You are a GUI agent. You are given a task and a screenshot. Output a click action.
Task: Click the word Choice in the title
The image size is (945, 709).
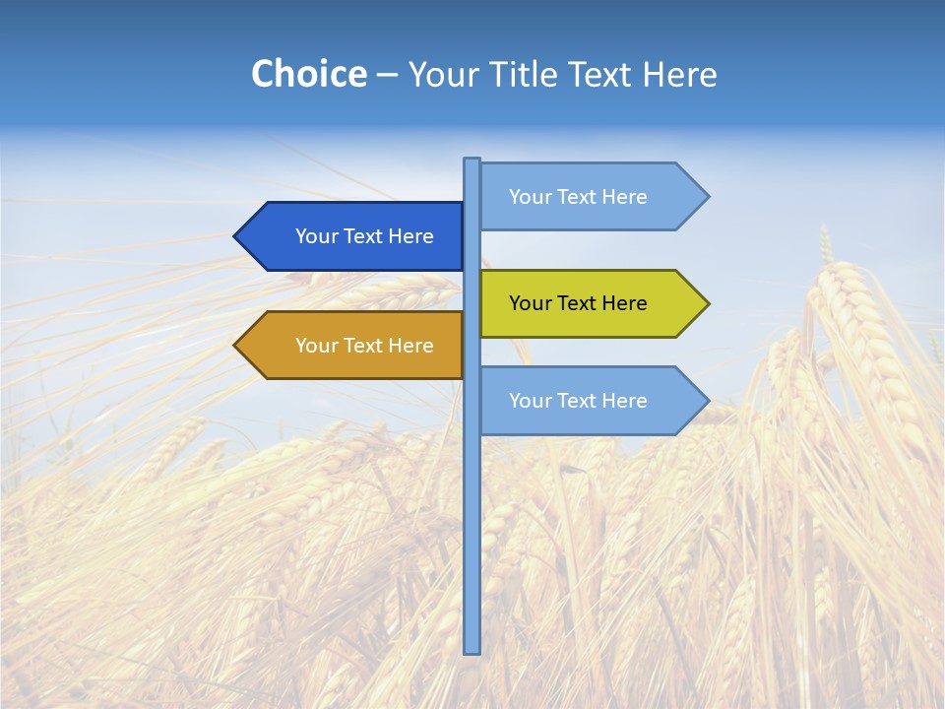click(308, 74)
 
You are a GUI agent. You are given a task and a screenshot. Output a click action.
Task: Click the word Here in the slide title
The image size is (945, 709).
click(679, 74)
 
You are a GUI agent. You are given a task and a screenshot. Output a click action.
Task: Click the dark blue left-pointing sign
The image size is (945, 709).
click(354, 236)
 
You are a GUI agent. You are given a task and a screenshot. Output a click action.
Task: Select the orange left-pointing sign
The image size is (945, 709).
click(354, 346)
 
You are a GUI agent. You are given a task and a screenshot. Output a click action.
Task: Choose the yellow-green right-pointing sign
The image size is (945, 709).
click(586, 303)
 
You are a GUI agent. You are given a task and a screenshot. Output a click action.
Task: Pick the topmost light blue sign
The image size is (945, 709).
click(586, 197)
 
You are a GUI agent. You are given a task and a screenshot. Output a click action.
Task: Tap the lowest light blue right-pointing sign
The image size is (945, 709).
click(586, 401)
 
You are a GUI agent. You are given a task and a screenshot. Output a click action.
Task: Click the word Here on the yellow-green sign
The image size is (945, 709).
click(624, 303)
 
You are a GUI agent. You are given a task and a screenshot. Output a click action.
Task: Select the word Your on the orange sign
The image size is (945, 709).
click(316, 346)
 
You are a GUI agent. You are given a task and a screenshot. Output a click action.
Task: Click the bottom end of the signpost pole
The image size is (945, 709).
click(472, 650)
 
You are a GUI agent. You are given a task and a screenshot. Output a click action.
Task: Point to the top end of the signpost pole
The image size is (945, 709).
click(472, 161)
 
